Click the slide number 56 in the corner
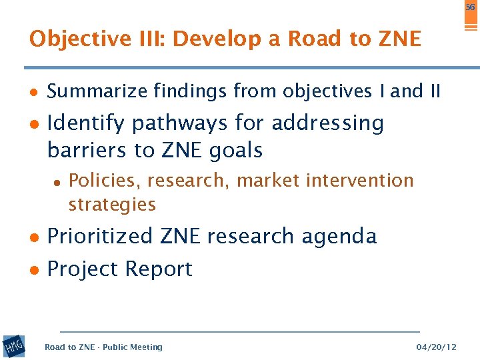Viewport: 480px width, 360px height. pyautogui.click(x=470, y=6)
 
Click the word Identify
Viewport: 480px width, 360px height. pyautogui.click(x=85, y=124)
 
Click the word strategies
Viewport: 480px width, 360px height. pyautogui.click(x=112, y=204)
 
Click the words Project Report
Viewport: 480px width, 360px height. pyautogui.click(x=120, y=269)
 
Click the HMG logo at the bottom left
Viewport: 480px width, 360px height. pyautogui.click(x=13, y=346)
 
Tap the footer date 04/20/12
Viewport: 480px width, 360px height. pyautogui.click(x=436, y=347)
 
